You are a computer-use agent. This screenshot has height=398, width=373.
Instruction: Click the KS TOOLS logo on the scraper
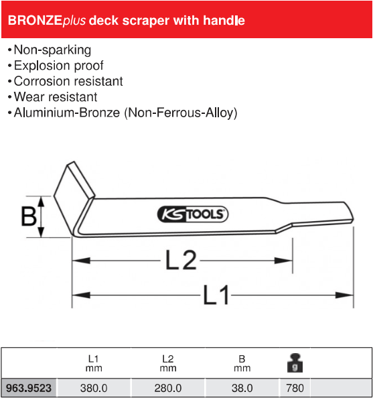[x=193, y=214]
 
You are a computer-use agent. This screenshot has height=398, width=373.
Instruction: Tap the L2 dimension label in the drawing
[x=181, y=260]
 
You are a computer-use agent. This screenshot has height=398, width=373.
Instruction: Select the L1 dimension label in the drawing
[x=216, y=295]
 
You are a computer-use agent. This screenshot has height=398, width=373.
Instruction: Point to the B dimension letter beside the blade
[x=28, y=216]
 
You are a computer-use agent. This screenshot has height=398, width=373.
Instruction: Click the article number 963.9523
[x=28, y=388]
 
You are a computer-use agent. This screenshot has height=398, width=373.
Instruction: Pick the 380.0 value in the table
[x=94, y=388]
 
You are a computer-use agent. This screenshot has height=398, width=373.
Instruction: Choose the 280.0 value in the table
[x=167, y=388]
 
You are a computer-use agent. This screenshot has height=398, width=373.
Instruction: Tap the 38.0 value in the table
[x=242, y=388]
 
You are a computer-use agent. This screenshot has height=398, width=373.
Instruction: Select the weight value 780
[x=295, y=388]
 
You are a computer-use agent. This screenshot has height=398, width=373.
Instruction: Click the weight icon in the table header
[x=295, y=363]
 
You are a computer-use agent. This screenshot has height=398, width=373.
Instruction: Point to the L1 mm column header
[x=94, y=363]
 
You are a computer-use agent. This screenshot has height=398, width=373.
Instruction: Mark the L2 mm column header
[x=167, y=363]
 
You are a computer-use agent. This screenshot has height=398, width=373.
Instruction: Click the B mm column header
[x=242, y=363]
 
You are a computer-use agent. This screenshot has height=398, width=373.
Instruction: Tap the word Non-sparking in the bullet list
[x=52, y=50]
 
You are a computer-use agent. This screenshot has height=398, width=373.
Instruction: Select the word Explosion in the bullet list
[x=42, y=66]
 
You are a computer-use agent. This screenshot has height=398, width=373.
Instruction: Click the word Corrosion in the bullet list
[x=40, y=82]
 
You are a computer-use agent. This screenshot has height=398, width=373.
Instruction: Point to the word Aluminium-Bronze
[x=67, y=113]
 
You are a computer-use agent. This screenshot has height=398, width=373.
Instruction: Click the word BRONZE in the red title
[x=35, y=21]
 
